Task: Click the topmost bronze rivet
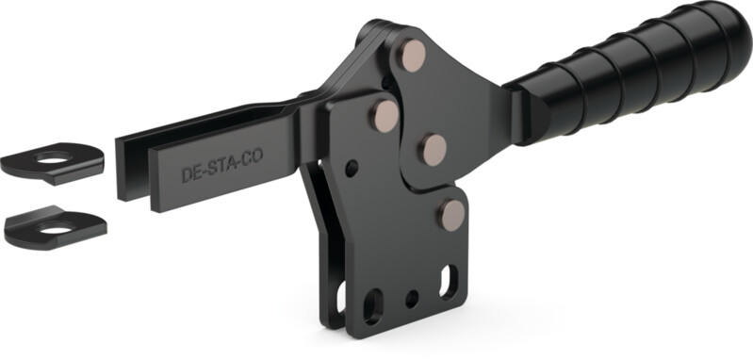[x=413, y=56]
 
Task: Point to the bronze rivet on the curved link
[x=434, y=149]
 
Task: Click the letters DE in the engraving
[x=192, y=175]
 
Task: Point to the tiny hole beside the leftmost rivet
[x=352, y=169]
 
